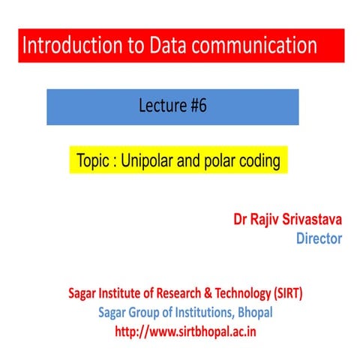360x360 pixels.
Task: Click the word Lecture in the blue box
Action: click(x=157, y=106)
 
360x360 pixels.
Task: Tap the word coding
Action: click(x=262, y=161)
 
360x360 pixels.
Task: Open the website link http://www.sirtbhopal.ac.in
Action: click(x=180, y=331)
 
